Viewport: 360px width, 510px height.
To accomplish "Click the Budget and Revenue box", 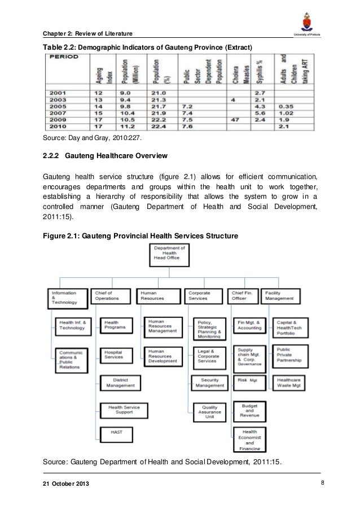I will (250, 411).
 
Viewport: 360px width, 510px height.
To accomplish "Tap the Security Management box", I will (209, 383).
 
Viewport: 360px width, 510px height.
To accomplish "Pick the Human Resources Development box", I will (163, 354).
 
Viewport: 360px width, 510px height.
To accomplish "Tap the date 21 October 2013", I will (66, 485).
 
